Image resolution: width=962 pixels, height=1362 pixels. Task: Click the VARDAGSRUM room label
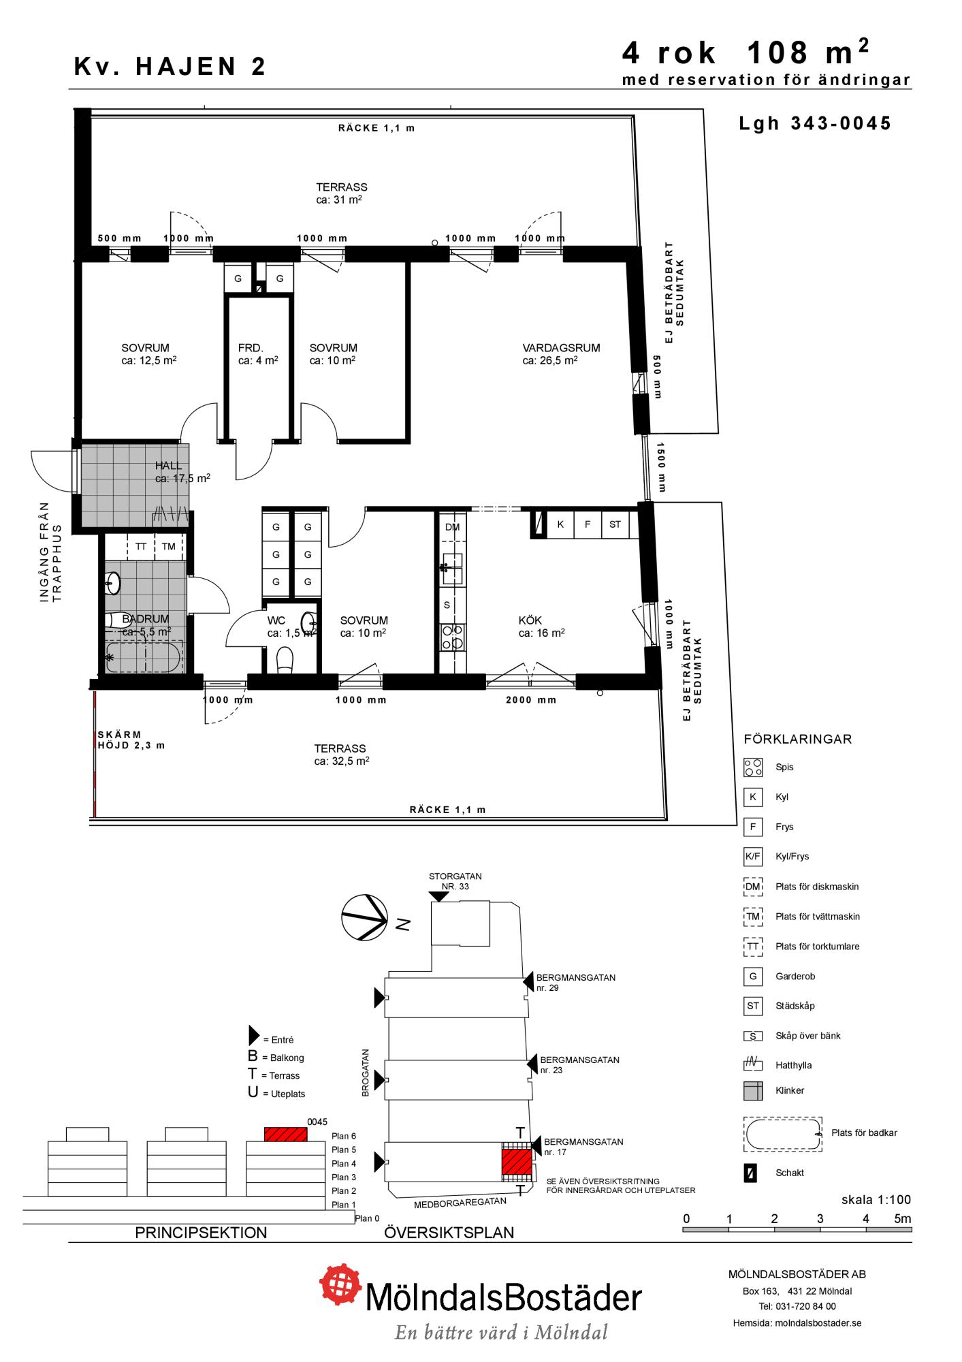coord(561,348)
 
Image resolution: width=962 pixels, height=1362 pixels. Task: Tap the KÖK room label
coord(530,620)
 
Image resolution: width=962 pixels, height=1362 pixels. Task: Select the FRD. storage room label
coord(251,348)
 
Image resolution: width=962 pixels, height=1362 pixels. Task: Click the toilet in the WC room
coord(285,659)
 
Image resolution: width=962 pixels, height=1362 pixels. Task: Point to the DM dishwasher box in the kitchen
coord(452,527)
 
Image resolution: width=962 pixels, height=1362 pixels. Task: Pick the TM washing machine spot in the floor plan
coord(169,546)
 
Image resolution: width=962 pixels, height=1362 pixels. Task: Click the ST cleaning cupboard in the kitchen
coord(615,524)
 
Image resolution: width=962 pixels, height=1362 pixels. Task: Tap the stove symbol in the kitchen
coord(453,637)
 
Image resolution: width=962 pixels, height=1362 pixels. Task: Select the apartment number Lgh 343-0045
coord(815,123)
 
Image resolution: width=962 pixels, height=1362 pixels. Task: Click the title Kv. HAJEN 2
coord(170,67)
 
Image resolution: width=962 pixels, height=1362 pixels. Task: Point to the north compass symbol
coord(365,917)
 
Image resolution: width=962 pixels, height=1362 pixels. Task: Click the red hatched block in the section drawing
coord(285,1135)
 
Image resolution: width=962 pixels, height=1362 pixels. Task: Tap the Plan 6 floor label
coord(344,1136)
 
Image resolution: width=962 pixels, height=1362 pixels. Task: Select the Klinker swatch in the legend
coord(753,1090)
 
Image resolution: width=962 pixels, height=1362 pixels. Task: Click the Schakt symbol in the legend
coord(750,1173)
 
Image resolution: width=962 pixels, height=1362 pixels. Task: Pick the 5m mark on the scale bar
coord(903,1219)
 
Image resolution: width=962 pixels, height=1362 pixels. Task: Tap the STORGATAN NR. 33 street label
coord(455,881)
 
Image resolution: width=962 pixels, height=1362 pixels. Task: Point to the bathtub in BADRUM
coord(143,657)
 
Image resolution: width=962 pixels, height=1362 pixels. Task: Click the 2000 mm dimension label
coord(531,700)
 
